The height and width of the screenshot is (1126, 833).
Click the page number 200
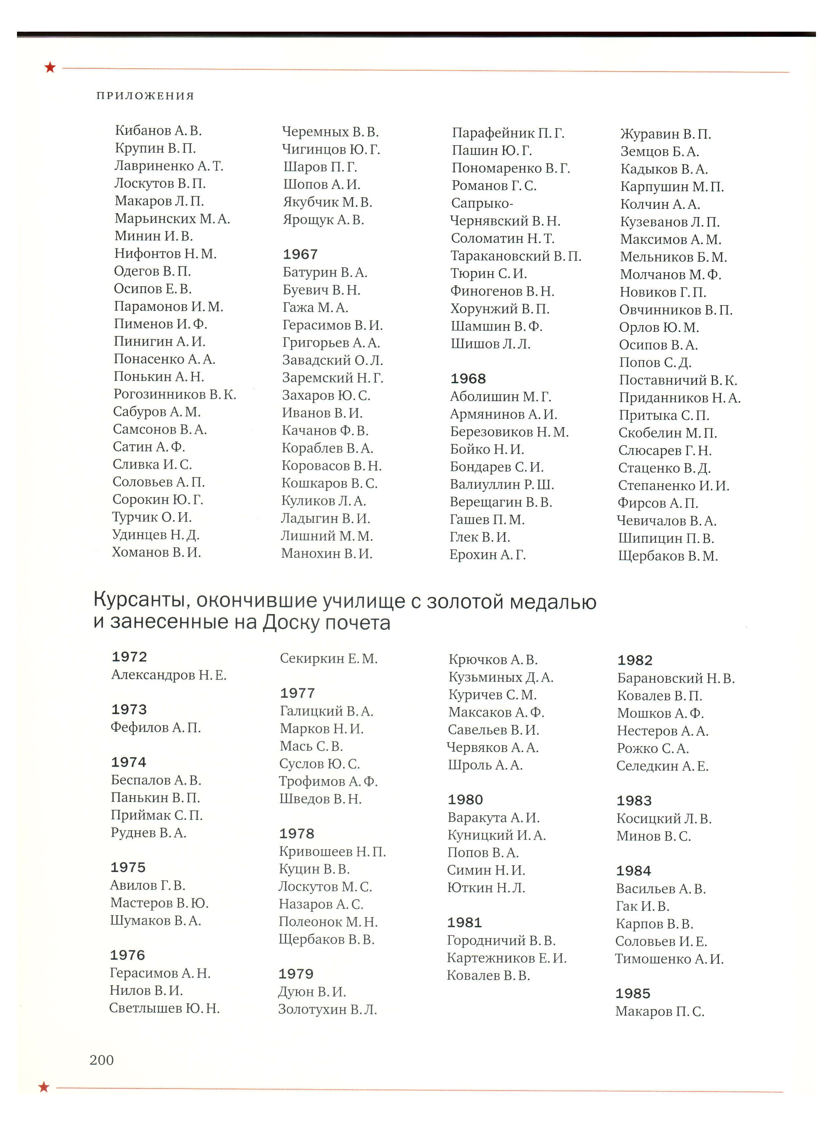101,1060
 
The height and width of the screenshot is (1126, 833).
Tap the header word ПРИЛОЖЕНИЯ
145,96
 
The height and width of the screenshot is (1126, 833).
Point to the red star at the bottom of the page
44,1087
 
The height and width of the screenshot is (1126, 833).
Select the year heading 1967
300,255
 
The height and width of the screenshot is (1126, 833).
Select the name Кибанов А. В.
158,131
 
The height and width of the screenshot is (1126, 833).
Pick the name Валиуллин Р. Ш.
502,485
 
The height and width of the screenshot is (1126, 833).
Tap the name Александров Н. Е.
169,675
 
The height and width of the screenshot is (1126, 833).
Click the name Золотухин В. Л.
327,1009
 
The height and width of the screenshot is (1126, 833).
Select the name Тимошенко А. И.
669,959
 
